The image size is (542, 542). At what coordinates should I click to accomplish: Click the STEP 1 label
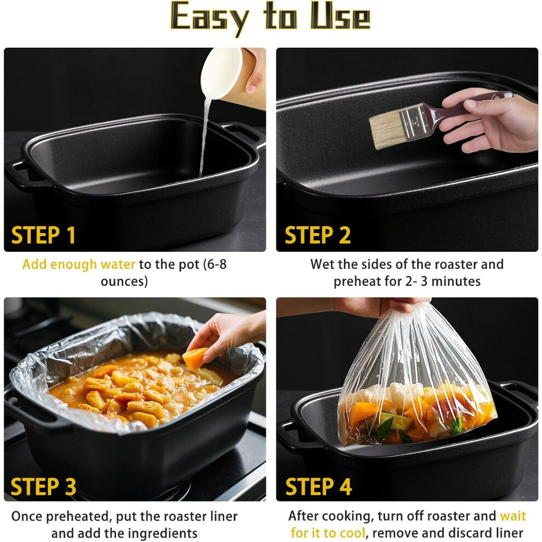pos(43,235)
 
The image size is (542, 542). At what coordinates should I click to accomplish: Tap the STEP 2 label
pos(318,235)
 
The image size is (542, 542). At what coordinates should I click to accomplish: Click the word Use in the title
pos(341,16)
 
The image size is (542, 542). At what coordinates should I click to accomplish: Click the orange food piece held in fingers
pos(194,358)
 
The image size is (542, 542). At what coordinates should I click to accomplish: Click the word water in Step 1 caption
pos(118,264)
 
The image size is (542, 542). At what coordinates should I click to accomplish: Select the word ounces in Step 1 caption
pos(124,281)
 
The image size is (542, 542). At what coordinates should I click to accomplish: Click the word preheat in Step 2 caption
pos(357,281)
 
